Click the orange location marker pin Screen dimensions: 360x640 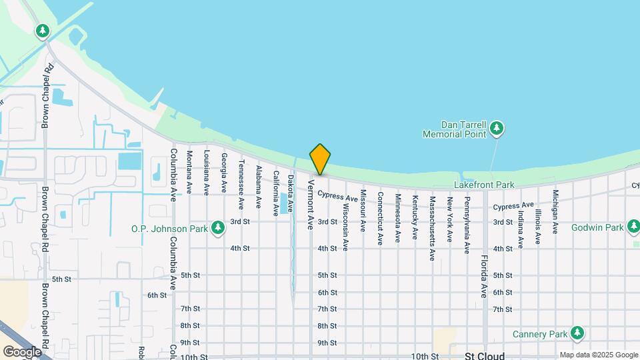point(320,159)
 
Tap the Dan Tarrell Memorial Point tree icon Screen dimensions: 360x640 point(497,127)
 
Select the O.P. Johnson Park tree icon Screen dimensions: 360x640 point(217,229)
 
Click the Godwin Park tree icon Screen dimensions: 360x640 point(634,228)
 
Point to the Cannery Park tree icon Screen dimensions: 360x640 point(577,333)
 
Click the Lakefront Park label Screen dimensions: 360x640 point(484,185)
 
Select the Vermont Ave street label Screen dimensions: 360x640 point(311,204)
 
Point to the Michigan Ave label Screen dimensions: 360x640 point(555,211)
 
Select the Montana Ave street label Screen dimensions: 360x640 point(189,172)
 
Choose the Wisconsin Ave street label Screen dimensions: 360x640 point(345,227)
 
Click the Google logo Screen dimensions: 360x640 point(22,351)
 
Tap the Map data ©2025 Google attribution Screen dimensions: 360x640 point(598,355)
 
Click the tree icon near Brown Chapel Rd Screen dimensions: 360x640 point(43,31)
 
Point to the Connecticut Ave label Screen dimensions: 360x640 point(380,219)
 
